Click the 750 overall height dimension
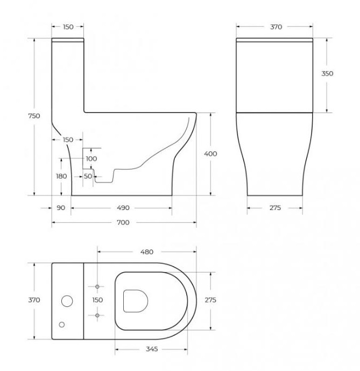(x=34, y=116)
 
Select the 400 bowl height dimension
(x=210, y=154)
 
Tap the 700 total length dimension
(x=123, y=222)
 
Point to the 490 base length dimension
(x=123, y=208)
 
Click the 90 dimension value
(x=61, y=208)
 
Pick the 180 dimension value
(x=61, y=176)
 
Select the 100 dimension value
(x=91, y=158)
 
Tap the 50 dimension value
(x=88, y=176)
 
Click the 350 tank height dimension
(x=327, y=74)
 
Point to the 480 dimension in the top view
(x=147, y=252)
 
